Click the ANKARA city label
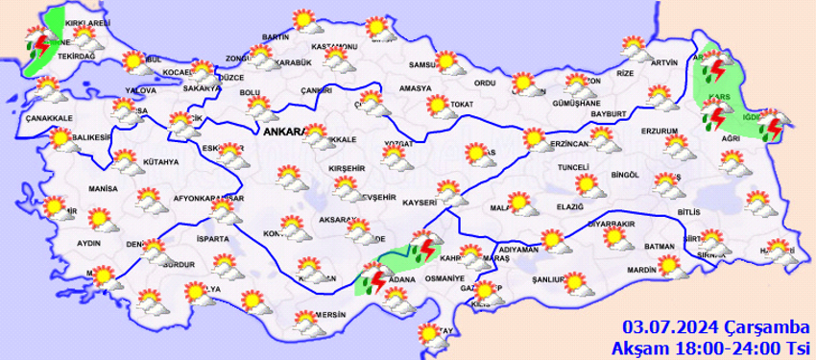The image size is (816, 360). pyautogui.click(x=283, y=132)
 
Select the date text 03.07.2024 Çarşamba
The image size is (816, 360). pyautogui.click(x=715, y=326)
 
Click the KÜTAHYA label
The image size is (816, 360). pyautogui.click(x=160, y=161)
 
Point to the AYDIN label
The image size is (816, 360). pyautogui.click(x=88, y=243)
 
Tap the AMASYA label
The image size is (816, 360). pyautogui.click(x=416, y=87)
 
